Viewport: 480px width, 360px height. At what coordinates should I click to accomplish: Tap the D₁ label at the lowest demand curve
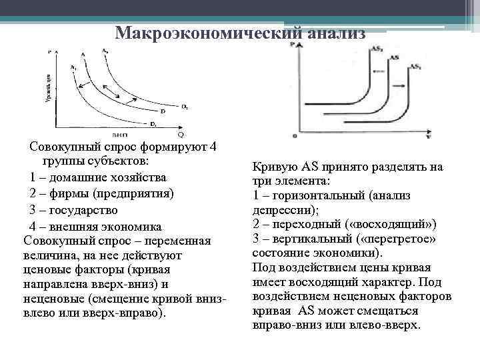pos(153,123)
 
